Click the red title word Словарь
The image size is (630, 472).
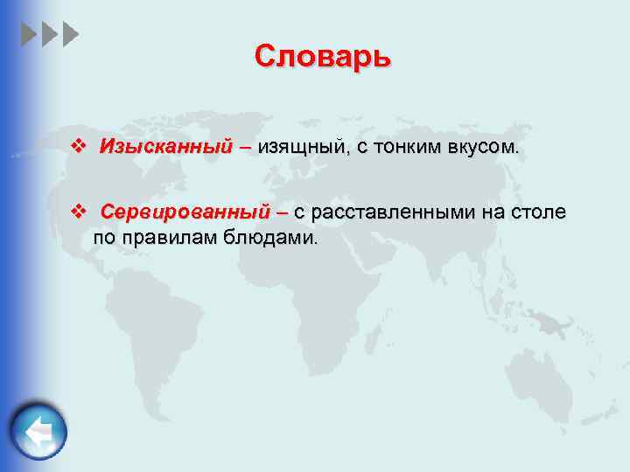point(323,57)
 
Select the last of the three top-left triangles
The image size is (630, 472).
point(71,35)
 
